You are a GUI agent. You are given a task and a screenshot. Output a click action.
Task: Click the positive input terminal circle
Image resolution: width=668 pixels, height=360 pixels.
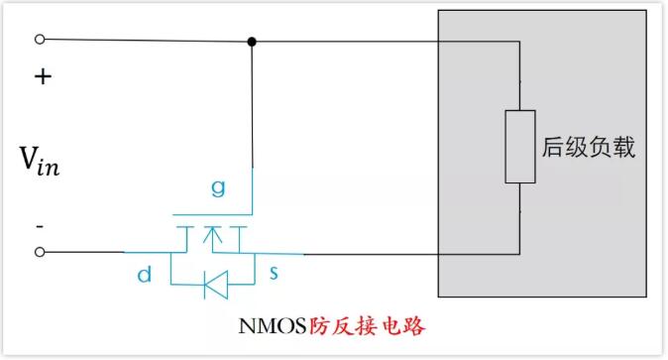coord(40,40)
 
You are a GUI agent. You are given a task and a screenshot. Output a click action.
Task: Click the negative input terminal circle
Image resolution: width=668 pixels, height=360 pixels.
coord(40,252)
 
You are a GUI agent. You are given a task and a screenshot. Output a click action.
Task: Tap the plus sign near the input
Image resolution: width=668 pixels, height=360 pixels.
coord(43,76)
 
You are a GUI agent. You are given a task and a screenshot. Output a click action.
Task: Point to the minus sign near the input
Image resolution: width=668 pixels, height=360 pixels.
coord(40,226)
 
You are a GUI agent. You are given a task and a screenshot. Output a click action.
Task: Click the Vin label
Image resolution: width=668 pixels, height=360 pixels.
coord(40,161)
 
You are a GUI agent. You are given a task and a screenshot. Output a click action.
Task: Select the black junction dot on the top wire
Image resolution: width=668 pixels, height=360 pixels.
coord(252,42)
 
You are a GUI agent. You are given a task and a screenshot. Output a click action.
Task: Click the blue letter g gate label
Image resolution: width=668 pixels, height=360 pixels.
coord(218,187)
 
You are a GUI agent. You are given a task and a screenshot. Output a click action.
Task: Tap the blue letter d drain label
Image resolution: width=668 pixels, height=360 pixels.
coord(145,274)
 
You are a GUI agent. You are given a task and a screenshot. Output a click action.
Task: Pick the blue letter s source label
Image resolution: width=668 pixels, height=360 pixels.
coord(274,272)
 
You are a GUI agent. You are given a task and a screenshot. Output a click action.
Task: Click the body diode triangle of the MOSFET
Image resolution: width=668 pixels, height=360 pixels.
coord(216,284)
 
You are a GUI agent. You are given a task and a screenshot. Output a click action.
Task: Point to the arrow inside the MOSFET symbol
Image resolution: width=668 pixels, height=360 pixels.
coord(212,239)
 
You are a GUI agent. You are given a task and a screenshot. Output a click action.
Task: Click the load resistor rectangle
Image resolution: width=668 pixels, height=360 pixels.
coord(520,147)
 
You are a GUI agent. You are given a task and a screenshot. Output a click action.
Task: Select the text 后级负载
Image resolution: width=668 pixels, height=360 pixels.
coord(589,147)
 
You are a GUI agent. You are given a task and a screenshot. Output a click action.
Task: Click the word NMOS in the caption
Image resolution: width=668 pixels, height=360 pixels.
coord(273,326)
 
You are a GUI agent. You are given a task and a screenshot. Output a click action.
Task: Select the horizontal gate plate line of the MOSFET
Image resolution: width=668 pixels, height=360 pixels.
coord(212,215)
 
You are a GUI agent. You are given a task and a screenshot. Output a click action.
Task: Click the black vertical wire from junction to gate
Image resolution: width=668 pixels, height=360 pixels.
coord(252,104)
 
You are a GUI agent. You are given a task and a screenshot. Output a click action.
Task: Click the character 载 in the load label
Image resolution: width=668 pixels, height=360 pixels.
coord(623,147)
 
